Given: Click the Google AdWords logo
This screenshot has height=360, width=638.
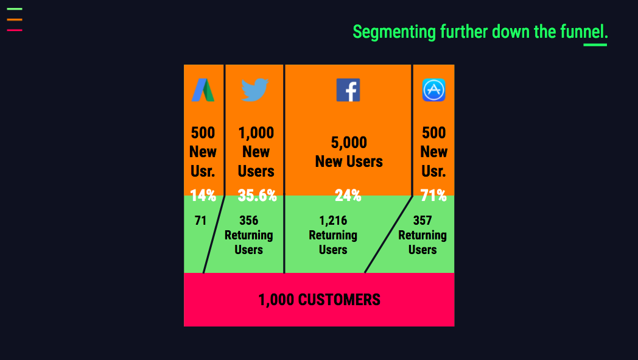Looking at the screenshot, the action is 203,90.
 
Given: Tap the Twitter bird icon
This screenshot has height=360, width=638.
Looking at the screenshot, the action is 254,90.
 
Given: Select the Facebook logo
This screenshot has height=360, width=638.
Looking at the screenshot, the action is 348,90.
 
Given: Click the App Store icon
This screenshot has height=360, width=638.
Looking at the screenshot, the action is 433,90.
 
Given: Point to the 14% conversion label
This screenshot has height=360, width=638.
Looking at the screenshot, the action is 203,196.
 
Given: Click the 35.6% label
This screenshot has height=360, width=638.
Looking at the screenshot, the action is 257,196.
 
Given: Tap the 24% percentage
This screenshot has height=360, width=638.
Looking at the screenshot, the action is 348,196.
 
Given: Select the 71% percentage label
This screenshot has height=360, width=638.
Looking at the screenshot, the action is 433,196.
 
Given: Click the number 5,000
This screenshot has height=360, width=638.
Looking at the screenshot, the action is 349,143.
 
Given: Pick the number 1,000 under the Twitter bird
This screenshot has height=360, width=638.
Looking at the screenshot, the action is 256,133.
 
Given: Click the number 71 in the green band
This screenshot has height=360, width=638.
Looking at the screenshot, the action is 201,221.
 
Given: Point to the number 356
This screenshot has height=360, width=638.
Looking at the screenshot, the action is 248,221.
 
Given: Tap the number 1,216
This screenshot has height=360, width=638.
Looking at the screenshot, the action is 333,221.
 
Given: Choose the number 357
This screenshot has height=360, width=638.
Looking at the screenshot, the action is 422,221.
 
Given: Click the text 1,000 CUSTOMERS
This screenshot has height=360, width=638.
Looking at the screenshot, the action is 320,300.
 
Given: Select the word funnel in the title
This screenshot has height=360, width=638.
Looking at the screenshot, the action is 582,31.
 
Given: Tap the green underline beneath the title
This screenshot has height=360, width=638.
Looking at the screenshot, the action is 595,44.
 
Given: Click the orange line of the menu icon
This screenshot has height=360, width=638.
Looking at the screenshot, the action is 15,19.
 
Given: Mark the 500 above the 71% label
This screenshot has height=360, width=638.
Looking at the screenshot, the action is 433,133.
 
